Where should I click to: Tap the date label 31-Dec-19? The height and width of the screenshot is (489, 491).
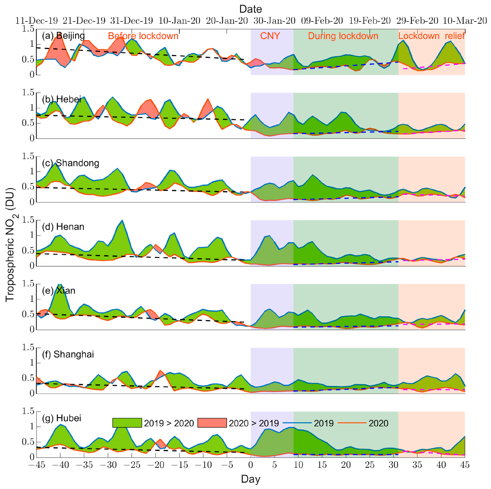pos(131,21)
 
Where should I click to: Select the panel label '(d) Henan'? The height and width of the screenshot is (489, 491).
pos(63,227)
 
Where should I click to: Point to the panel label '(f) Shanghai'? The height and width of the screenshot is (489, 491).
pos(68,354)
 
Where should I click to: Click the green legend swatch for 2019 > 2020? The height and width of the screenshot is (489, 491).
pos(127,423)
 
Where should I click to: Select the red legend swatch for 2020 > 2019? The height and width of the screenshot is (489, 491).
pos(212,423)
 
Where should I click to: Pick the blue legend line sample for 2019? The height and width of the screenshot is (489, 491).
pos(297,423)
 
